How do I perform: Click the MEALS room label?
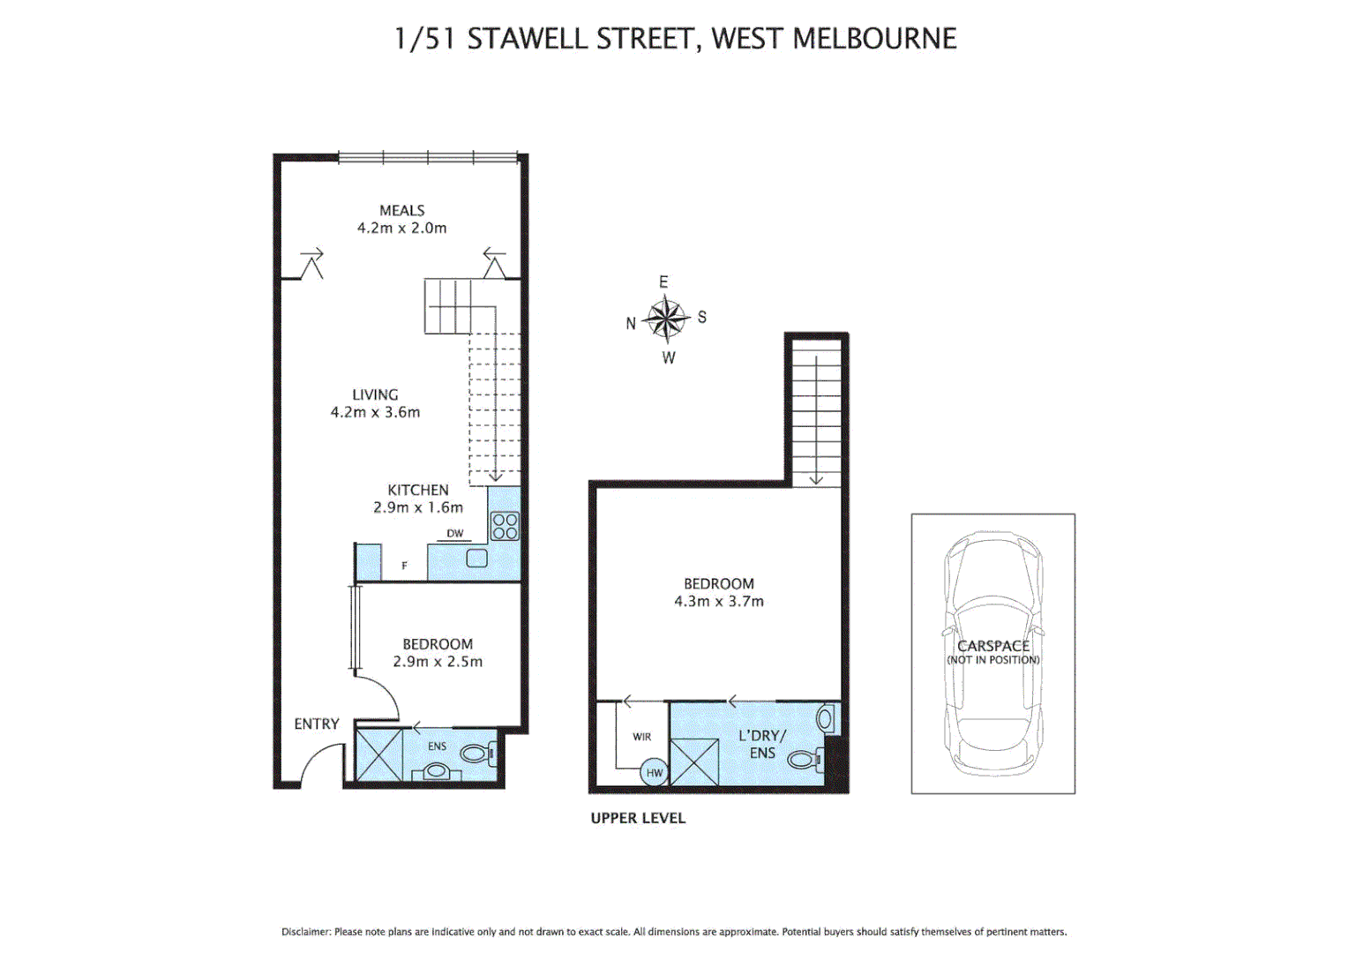401,210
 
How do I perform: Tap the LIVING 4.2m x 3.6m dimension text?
375,412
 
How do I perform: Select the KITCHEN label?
417,490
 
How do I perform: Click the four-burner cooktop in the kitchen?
505,527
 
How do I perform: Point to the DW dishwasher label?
454,534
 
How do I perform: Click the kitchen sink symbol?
476,558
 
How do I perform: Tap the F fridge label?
404,566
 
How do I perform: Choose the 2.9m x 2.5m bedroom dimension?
438,662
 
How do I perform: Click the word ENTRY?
316,724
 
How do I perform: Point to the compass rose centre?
666,319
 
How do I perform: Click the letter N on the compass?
631,324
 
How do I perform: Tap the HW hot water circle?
654,773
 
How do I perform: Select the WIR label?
641,737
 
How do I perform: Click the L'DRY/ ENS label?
762,744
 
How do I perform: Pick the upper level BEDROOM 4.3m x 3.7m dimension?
719,602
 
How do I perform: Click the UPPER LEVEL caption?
638,818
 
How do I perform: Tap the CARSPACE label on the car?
992,646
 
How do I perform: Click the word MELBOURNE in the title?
874,39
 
